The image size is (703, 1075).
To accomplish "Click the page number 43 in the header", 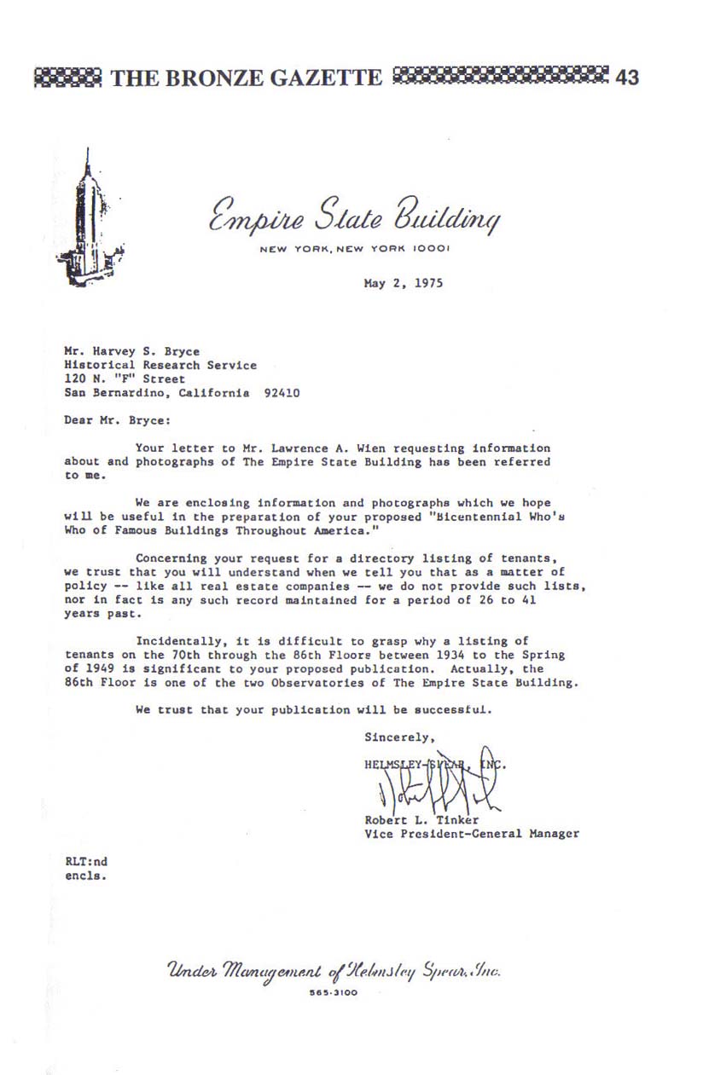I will [x=626, y=78].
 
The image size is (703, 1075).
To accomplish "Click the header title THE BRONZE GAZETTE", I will [x=247, y=78].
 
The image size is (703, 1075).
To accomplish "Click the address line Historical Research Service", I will [x=160, y=365].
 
